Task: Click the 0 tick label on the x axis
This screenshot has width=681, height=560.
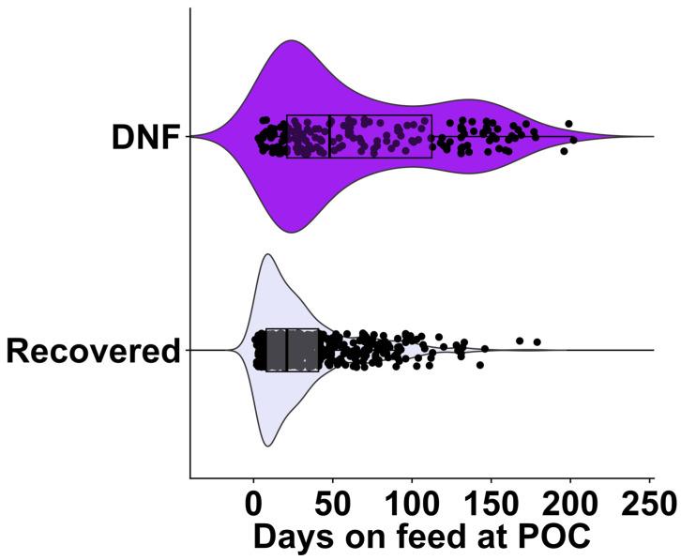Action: tap(253, 504)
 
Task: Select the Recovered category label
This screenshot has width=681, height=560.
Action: tap(93, 351)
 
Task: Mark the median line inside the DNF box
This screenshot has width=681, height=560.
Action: tap(329, 136)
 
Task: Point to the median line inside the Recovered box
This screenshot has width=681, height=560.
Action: tap(285, 350)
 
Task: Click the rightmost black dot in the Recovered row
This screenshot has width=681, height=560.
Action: tap(537, 341)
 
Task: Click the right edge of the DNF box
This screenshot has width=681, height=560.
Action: tap(431, 136)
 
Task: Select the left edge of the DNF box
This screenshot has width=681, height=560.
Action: tap(287, 136)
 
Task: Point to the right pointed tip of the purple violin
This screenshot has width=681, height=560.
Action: tap(652, 136)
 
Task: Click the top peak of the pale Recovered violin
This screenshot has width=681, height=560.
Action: tap(267, 254)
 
